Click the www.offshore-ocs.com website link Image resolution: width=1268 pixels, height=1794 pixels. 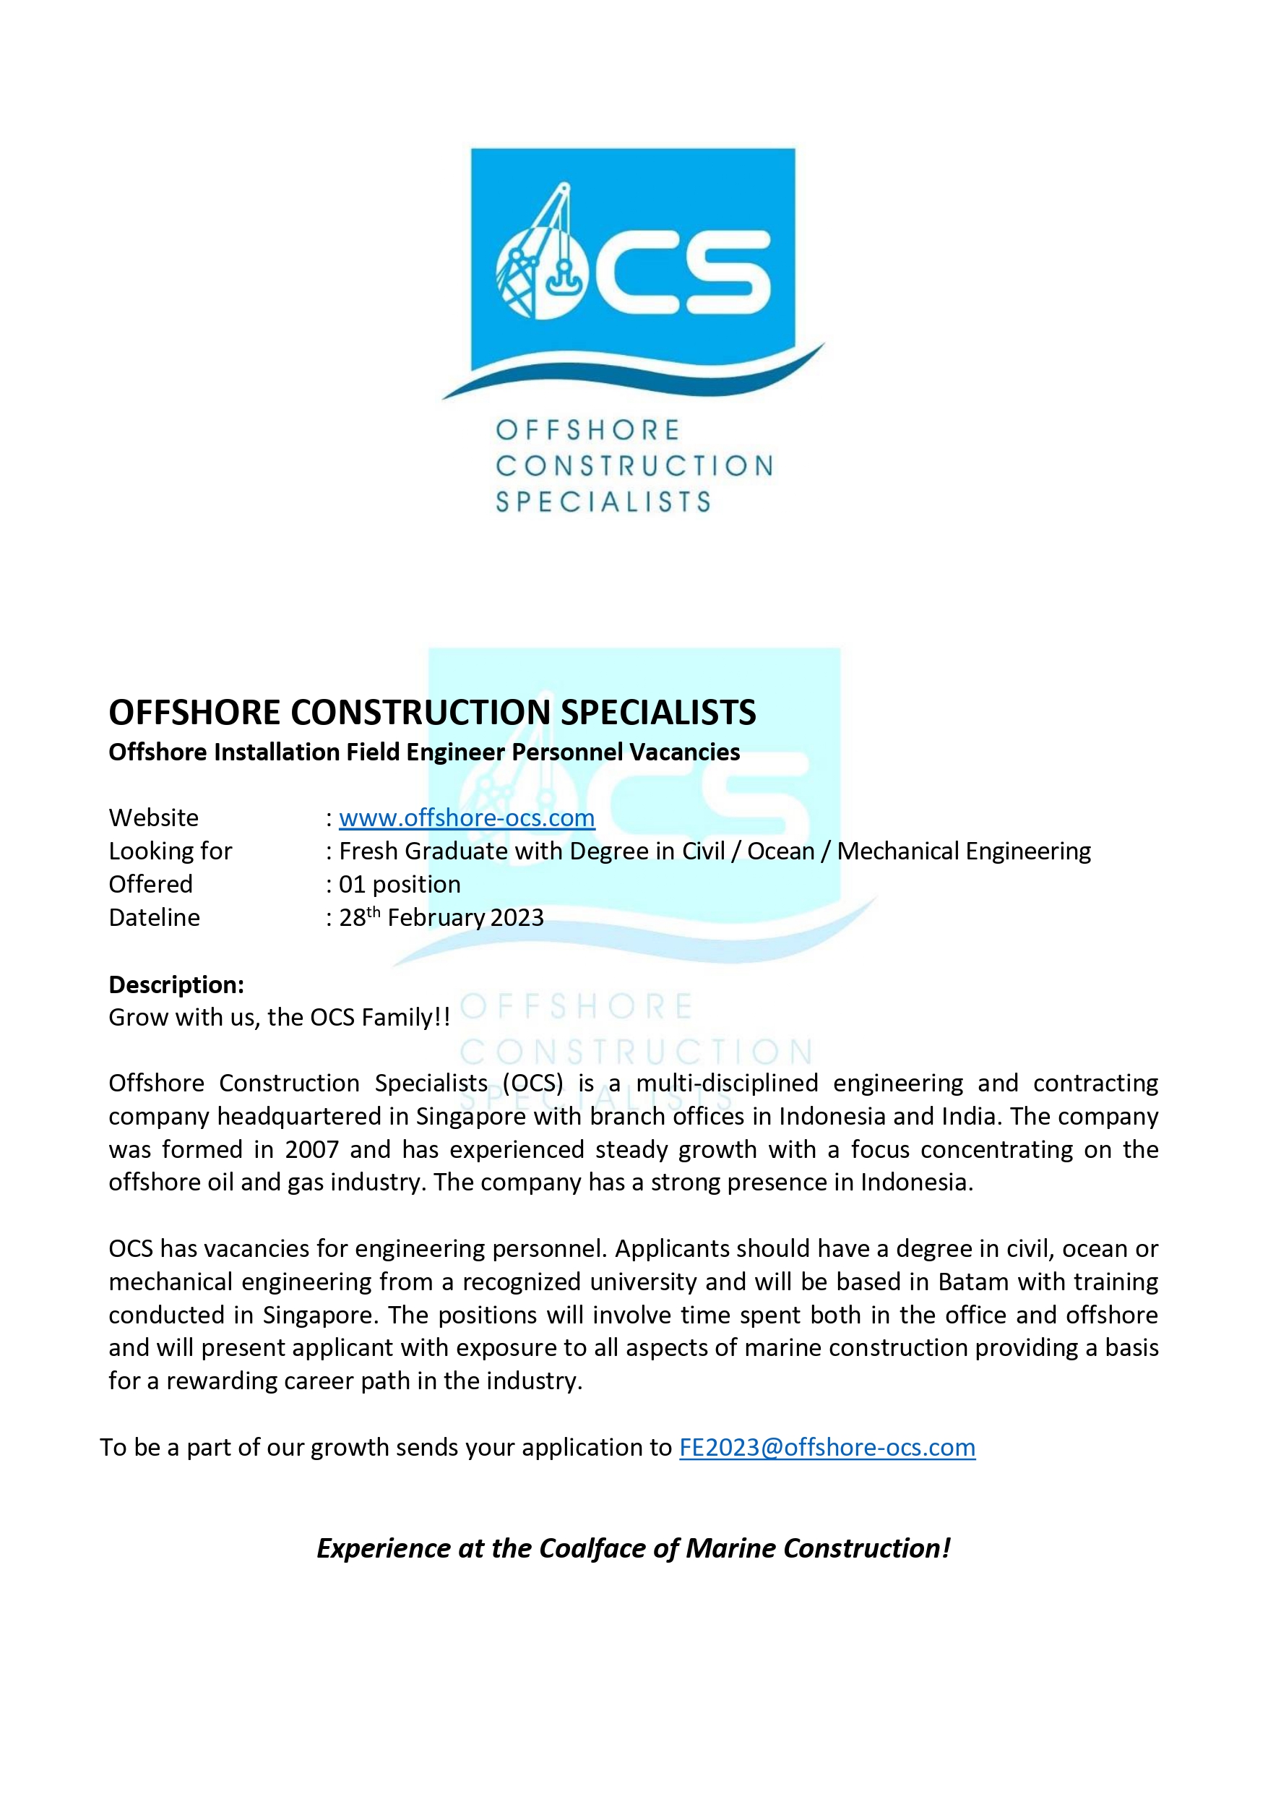(467, 817)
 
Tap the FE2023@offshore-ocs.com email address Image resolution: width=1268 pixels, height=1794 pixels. (827, 1447)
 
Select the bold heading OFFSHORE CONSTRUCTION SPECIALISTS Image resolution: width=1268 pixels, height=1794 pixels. (432, 712)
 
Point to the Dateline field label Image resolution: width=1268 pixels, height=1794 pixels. (154, 917)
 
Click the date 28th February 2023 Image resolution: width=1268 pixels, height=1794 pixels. (441, 917)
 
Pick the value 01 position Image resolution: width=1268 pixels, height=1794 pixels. (400, 884)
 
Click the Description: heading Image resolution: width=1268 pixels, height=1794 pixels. (176, 984)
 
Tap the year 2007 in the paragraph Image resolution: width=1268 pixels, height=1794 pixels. (311, 1149)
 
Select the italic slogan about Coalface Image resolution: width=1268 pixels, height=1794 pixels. (634, 1548)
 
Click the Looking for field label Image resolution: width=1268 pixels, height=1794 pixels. (171, 851)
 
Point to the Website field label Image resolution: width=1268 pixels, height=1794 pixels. (153, 817)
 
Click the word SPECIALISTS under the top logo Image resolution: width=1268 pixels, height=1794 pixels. (603, 502)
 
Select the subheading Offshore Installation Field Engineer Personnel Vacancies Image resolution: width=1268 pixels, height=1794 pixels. (424, 752)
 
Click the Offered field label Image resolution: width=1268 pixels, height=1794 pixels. (150, 884)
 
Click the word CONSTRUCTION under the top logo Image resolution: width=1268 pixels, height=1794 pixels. (634, 465)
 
